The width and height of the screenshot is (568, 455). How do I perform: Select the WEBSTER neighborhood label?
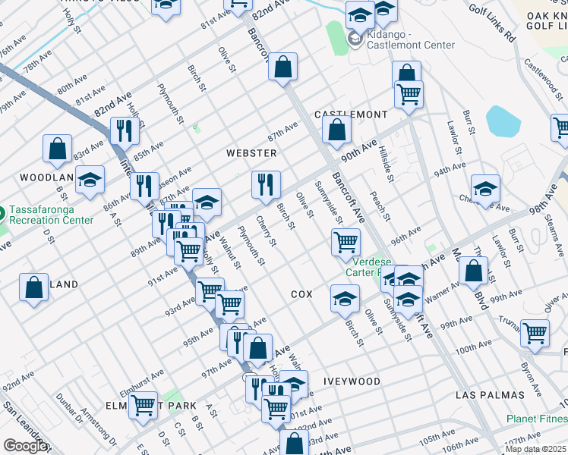251,152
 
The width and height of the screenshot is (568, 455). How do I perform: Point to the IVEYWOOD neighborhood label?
352,381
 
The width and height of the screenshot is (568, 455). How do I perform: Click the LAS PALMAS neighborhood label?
490,395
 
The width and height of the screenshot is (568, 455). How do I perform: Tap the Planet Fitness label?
538,419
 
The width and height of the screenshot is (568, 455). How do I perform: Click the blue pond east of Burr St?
501,120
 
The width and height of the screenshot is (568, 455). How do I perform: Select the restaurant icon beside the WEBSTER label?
266,185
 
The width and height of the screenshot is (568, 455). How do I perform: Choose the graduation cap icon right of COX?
345,299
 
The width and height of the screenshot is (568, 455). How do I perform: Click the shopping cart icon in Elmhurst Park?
143,406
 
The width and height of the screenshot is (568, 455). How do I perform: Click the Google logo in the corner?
24,446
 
